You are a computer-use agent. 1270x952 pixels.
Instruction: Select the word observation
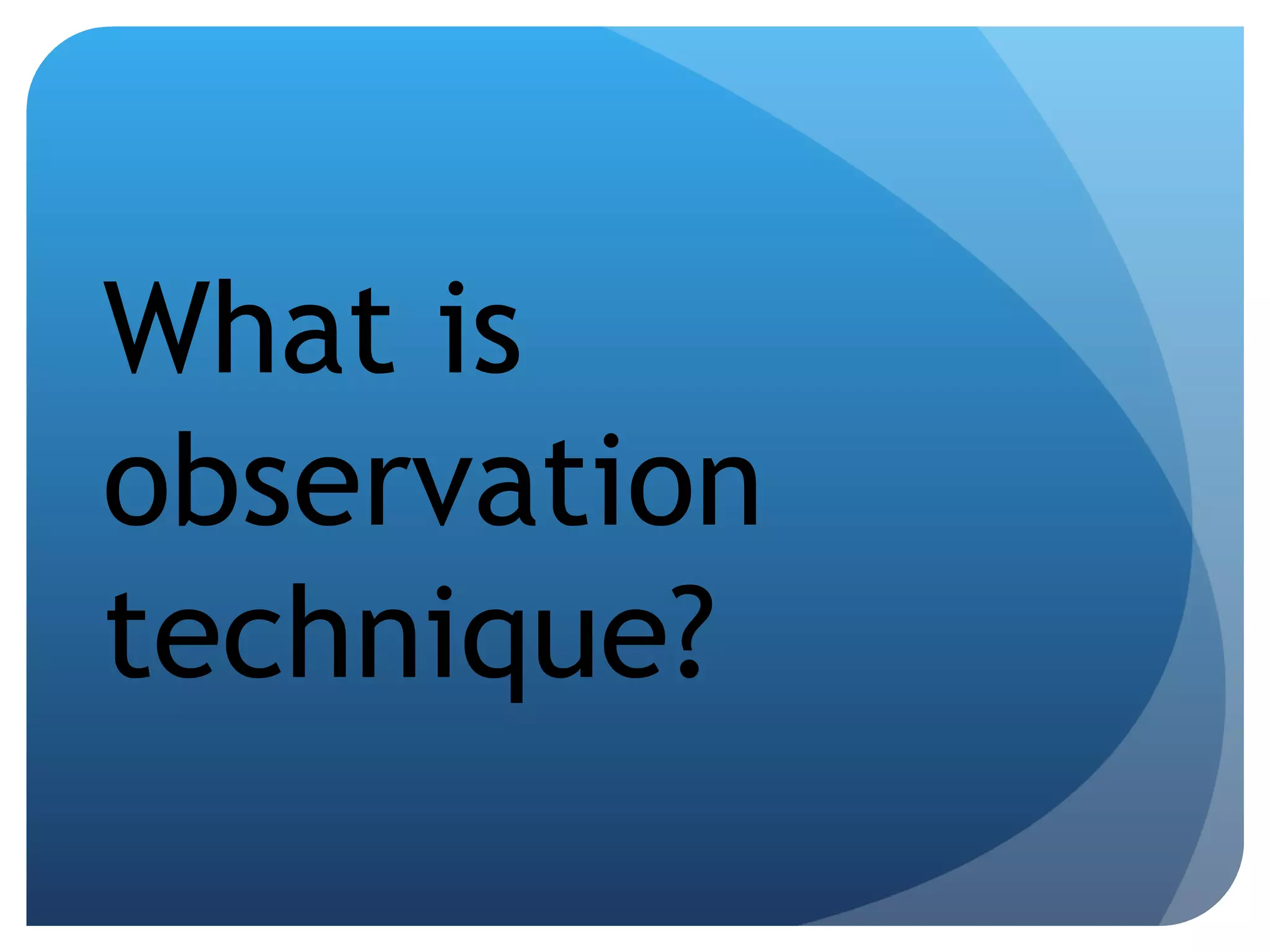(x=432, y=480)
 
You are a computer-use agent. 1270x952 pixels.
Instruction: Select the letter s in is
(x=497, y=341)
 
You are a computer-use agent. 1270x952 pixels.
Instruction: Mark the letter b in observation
(x=205, y=480)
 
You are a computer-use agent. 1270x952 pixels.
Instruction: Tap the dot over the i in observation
(x=611, y=441)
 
